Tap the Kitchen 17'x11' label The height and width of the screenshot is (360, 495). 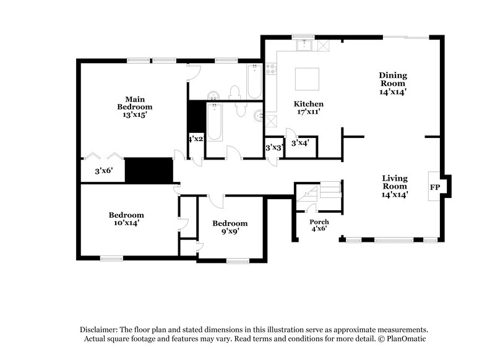click(x=308, y=108)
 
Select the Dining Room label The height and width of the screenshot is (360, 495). click(x=393, y=83)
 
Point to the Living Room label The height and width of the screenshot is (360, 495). click(x=394, y=186)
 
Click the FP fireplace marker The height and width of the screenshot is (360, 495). click(x=435, y=187)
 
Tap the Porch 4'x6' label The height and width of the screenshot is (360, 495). click(x=319, y=225)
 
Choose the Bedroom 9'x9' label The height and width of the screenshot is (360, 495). click(x=230, y=227)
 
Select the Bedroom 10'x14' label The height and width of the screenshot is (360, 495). click(x=126, y=218)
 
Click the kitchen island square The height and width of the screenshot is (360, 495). click(x=306, y=79)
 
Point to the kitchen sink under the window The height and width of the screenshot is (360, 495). click(x=304, y=45)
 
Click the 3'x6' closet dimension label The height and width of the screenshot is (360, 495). click(x=103, y=171)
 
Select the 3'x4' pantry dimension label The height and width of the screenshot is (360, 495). click(x=300, y=143)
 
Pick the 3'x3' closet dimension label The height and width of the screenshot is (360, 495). click(x=273, y=148)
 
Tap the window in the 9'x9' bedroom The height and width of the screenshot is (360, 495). click(x=237, y=260)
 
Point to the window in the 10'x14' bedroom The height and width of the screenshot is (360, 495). click(x=111, y=258)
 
